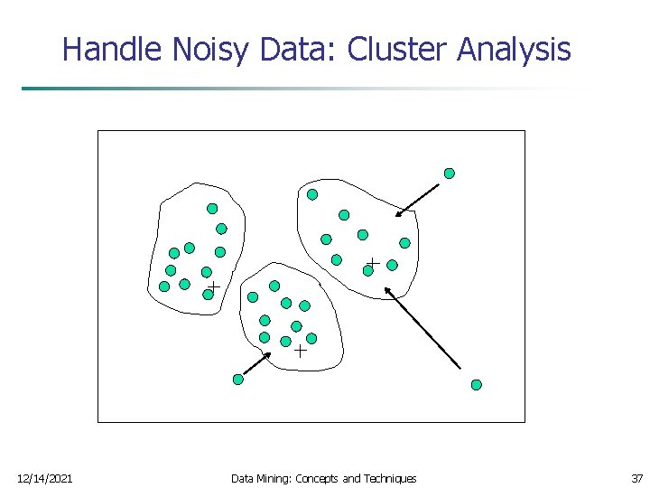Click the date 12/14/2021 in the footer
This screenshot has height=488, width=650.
(x=45, y=478)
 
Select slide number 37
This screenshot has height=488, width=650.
(x=637, y=478)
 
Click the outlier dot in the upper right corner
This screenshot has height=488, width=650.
(x=449, y=174)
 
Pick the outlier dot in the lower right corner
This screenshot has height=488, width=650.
(x=477, y=385)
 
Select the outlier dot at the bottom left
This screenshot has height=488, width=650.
(x=238, y=380)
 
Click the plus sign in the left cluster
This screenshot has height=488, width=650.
(x=214, y=286)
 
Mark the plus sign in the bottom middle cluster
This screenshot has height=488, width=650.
(x=300, y=352)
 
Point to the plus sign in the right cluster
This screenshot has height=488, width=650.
(x=373, y=262)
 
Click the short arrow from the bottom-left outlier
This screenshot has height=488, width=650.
(x=256, y=363)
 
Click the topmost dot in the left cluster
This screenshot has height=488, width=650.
(x=212, y=209)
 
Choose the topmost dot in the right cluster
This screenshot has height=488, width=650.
(x=312, y=194)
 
